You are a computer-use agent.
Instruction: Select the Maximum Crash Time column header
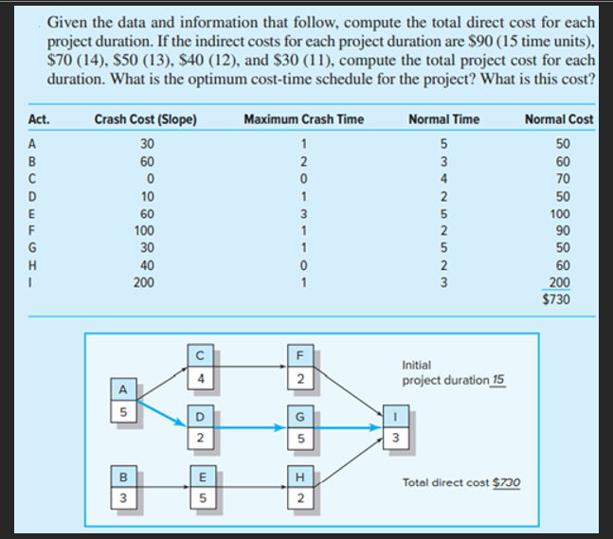[303, 119]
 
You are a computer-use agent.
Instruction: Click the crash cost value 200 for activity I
[145, 282]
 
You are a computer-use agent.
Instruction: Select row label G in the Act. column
[33, 246]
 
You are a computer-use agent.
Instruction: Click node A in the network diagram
[120, 390]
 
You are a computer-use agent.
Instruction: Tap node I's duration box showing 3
[395, 438]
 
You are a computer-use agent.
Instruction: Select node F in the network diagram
[299, 357]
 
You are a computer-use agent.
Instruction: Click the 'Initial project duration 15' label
[453, 372]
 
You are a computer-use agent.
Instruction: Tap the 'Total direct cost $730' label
[460, 482]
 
